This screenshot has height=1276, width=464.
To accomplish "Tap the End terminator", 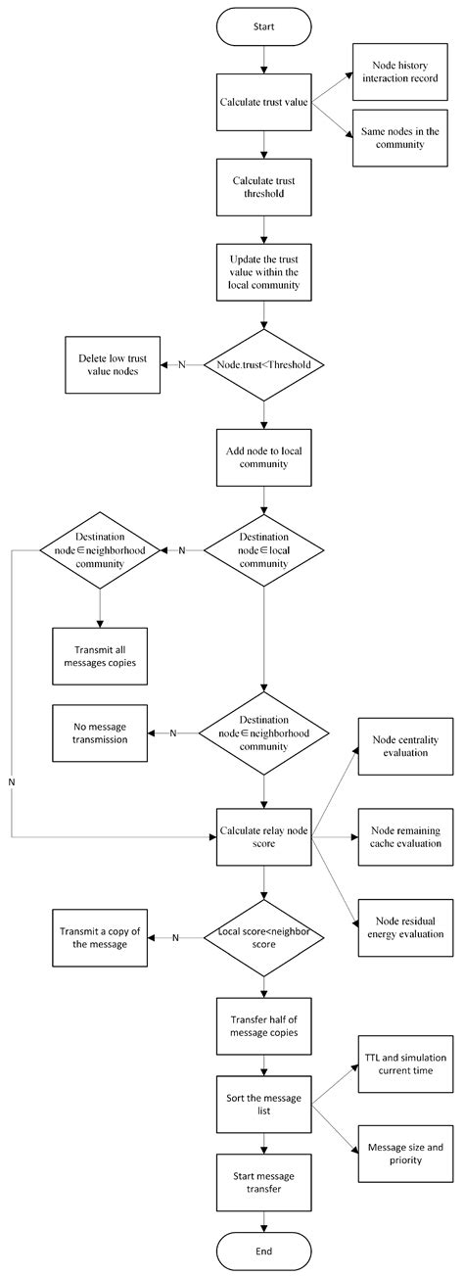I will (x=262, y=1251).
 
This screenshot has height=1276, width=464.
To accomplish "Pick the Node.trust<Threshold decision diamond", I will (x=262, y=365).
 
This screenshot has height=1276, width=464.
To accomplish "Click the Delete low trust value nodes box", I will (x=112, y=365).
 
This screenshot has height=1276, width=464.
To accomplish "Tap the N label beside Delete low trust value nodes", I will (x=181, y=365).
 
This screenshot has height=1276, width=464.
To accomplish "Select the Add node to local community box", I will (x=262, y=457).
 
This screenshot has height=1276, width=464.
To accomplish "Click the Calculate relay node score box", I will (x=262, y=837).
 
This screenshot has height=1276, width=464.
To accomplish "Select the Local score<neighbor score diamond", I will (x=262, y=936).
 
